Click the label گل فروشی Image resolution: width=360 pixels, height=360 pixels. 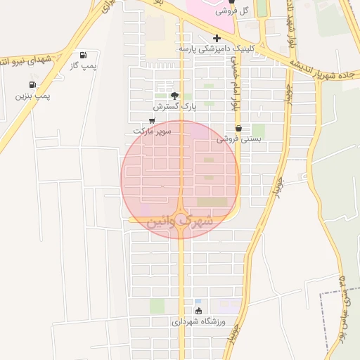(255, 11)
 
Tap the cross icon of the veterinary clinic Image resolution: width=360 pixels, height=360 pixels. (217, 38)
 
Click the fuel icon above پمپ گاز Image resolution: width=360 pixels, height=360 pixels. (84, 55)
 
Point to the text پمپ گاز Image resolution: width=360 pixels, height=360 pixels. (83, 65)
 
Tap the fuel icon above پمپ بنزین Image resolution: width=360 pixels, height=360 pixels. (34, 84)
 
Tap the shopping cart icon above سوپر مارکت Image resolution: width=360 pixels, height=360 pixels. (151, 121)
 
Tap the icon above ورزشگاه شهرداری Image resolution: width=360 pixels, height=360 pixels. (198, 311)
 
